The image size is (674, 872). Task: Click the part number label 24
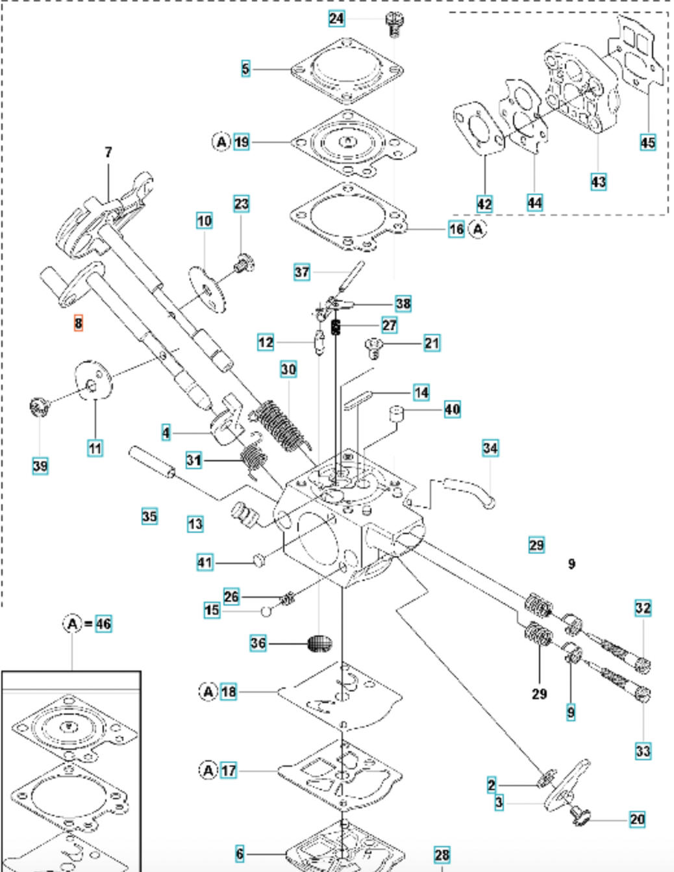coord(336,18)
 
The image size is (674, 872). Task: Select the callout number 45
coord(647,142)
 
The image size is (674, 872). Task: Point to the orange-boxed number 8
coord(79,323)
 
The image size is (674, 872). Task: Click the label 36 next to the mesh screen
coord(258,643)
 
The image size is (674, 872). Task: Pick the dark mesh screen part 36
coord(319,643)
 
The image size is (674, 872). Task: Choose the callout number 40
coord(452,409)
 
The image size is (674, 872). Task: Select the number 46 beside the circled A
coord(103,624)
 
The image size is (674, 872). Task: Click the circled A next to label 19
coord(221,142)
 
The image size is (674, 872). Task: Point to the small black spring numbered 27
coord(336,326)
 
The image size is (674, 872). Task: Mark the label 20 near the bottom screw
coord(637,819)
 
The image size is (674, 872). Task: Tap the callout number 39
coord(40,465)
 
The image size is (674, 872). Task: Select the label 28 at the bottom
coord(442,854)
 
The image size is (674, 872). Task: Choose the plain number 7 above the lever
coord(108,152)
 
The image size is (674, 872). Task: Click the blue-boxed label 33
coord(642,751)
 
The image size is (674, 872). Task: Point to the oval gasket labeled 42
coord(479,130)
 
